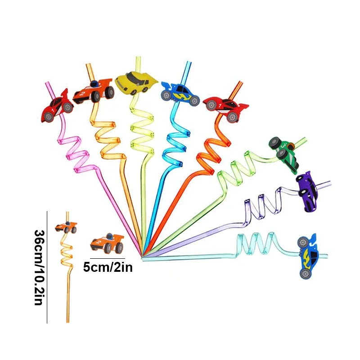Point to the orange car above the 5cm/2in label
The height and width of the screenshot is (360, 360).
(107, 243)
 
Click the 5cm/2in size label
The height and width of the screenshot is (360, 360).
(108, 268)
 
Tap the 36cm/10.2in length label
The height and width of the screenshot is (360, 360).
(39, 267)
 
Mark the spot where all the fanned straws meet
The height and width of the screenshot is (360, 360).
(143, 257)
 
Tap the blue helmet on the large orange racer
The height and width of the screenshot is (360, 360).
(94, 84)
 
